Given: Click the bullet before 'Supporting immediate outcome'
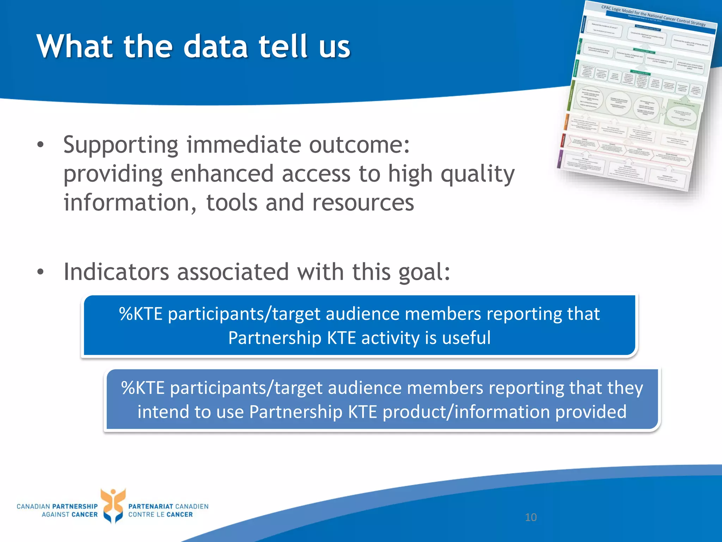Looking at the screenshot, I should pos(41,145).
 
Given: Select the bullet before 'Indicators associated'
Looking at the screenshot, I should pos(41,272).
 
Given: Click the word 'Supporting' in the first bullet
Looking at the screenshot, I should pos(121,145).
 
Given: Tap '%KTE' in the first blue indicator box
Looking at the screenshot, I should pos(141,314).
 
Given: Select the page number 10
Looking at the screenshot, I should pos(531,517).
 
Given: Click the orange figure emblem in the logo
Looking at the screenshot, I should pos(113,505).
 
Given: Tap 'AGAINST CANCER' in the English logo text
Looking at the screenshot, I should pos(69,514).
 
